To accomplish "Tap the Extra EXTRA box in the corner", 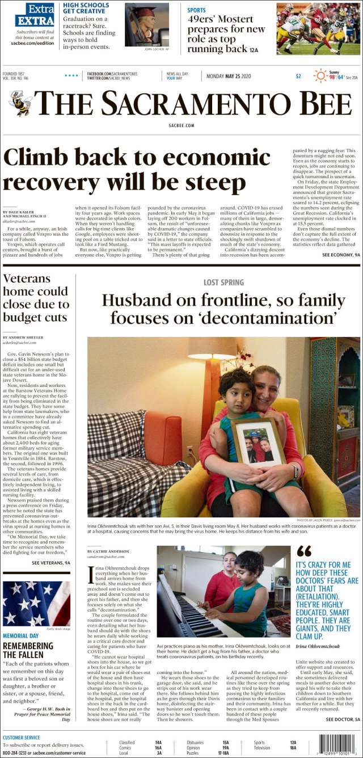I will (35, 15).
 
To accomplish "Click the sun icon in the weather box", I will (320, 75).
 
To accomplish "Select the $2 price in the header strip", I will (298, 76).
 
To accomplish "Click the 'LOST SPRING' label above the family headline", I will (223, 282).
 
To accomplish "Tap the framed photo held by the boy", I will (259, 441).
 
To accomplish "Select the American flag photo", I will (36, 603).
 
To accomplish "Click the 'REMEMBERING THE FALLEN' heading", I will (28, 650).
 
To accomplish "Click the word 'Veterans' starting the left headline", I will (27, 279).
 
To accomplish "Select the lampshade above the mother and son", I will (211, 348).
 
